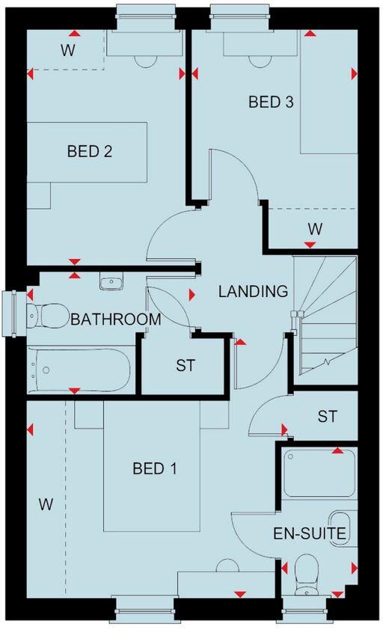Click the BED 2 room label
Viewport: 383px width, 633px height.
point(90,152)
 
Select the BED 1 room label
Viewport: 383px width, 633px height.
point(155,469)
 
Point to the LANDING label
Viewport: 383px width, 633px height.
point(253,292)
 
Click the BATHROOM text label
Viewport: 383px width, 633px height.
point(116,319)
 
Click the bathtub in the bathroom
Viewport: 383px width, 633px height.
point(79,370)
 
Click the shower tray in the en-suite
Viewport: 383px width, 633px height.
point(319,473)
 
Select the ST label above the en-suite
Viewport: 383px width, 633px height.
point(327,416)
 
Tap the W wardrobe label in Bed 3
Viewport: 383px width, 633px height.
point(314,229)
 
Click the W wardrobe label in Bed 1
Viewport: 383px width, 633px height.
point(46,505)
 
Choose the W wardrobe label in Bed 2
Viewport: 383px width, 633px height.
point(67,50)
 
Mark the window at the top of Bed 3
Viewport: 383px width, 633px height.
point(239,13)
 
